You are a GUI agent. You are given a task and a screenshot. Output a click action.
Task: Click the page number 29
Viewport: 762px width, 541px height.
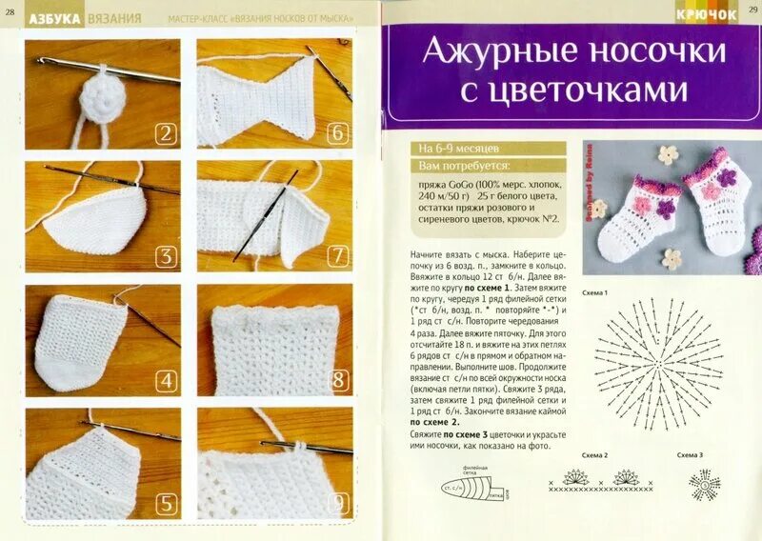tap(752, 10)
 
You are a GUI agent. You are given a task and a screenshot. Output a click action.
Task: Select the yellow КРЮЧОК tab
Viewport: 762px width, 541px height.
tap(707, 14)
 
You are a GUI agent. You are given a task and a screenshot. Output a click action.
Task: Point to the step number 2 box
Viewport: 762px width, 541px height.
tap(166, 134)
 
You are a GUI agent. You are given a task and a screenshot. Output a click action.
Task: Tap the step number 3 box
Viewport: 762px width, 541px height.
tap(166, 256)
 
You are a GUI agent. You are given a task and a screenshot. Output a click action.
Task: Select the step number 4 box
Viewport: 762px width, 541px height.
tap(166, 381)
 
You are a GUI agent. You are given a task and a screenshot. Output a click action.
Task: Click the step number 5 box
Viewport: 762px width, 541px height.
tap(166, 504)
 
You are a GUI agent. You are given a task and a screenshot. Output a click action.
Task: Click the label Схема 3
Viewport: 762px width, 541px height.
tap(690, 455)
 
